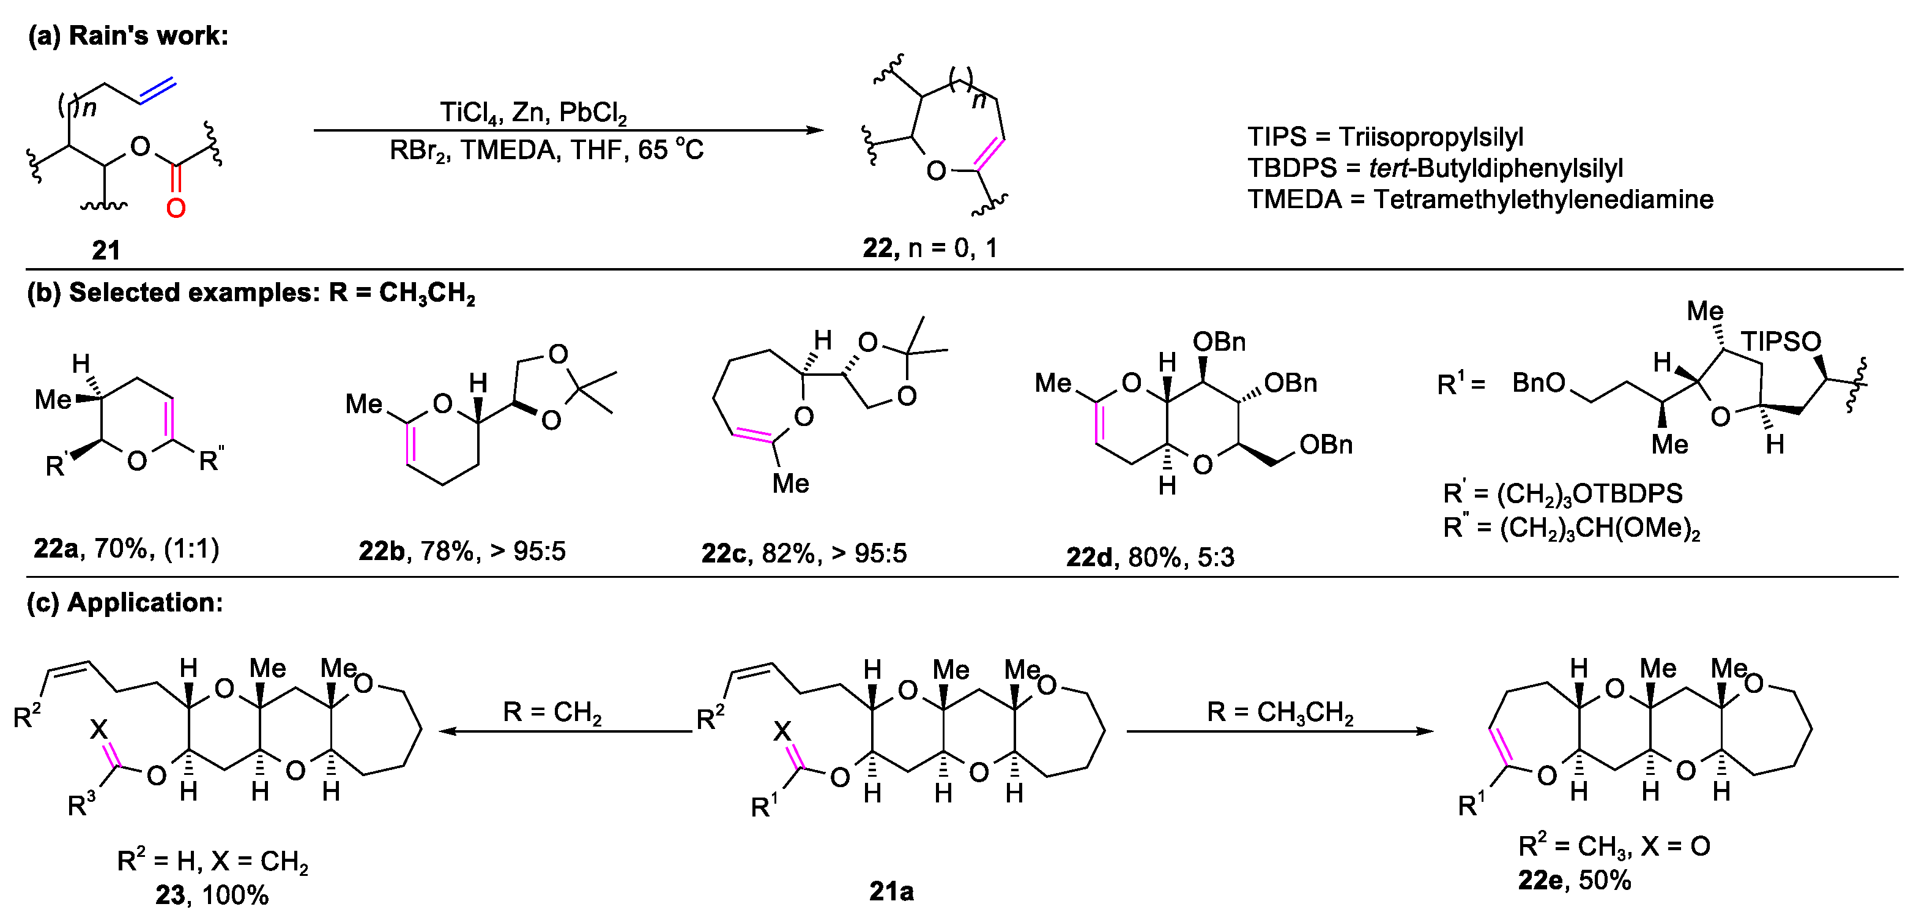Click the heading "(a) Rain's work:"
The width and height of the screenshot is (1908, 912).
(x=128, y=36)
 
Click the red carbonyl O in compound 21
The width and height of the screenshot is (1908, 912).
(x=176, y=207)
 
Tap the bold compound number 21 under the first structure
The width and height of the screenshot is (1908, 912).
(x=106, y=250)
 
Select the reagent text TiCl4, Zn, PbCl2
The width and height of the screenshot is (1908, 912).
(x=533, y=113)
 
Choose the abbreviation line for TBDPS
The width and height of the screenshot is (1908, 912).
(x=1435, y=168)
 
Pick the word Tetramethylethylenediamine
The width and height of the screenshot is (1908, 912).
(x=1543, y=200)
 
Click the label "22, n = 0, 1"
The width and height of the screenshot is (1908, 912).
(x=930, y=247)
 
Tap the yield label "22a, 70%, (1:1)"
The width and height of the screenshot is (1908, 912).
(x=127, y=549)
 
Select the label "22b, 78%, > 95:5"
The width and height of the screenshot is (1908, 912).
(x=461, y=551)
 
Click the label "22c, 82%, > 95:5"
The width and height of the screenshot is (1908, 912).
(x=804, y=553)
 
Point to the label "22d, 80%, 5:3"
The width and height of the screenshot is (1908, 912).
(x=1150, y=556)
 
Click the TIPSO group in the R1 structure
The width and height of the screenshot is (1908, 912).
(x=1781, y=342)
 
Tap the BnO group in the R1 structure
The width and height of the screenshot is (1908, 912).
(x=1539, y=383)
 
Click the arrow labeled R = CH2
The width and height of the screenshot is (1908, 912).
(x=565, y=731)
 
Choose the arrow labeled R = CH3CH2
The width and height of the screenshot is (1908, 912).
(x=1279, y=731)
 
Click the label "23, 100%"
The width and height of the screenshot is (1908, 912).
(x=212, y=895)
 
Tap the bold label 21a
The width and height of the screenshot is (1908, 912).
(x=891, y=891)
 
